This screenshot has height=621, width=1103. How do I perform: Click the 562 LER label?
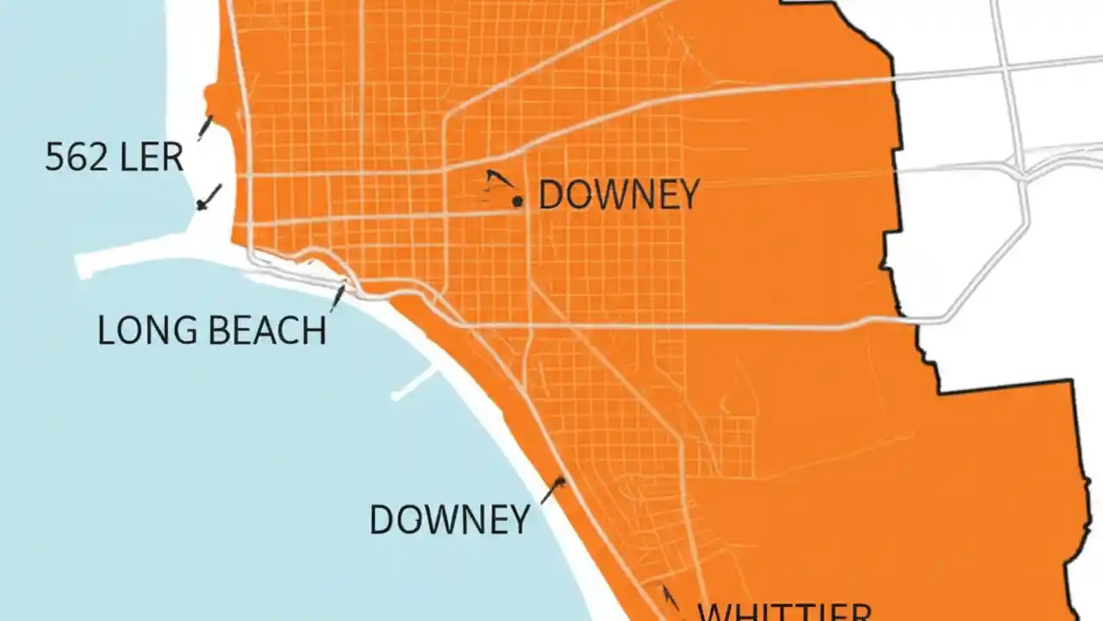tap(114, 158)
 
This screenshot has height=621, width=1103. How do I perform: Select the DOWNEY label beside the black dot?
tap(618, 196)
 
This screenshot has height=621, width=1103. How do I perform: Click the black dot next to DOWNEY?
tap(518, 202)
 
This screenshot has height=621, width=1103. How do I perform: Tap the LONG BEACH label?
tap(211, 330)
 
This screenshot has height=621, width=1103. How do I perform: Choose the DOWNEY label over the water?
tap(449, 519)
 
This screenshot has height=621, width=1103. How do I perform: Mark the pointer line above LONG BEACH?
tap(338, 297)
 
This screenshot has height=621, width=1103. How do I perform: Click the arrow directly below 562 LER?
tap(209, 198)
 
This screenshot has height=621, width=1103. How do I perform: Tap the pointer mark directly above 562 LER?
tap(205, 127)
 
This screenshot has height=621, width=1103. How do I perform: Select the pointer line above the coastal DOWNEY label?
tap(552, 491)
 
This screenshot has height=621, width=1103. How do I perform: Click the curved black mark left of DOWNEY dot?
tap(496, 180)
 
